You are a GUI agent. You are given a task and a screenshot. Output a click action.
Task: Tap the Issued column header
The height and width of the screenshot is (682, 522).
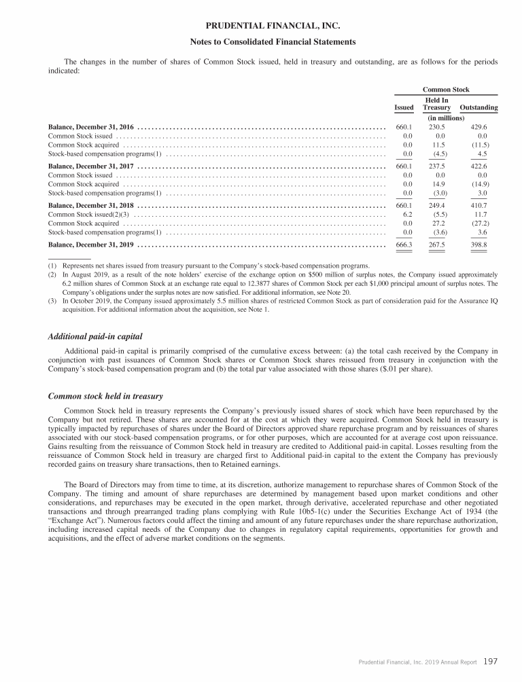404,107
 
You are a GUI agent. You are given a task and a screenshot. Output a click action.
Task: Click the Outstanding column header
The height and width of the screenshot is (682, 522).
478,107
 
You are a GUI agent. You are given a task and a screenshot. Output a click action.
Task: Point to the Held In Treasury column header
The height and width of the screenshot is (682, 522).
436,104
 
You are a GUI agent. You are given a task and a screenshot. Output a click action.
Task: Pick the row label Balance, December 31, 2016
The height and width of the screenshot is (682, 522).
91,127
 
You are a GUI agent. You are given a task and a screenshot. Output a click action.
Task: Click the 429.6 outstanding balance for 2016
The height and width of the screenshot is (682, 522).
478,127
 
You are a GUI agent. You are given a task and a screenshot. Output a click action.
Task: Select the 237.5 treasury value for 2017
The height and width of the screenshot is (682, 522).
437,166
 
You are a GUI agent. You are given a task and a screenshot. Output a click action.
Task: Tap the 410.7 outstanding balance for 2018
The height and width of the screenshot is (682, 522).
478,204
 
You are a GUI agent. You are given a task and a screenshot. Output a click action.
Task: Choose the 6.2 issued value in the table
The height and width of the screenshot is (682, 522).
407,214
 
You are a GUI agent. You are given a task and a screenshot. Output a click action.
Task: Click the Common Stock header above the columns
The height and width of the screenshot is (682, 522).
446,90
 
